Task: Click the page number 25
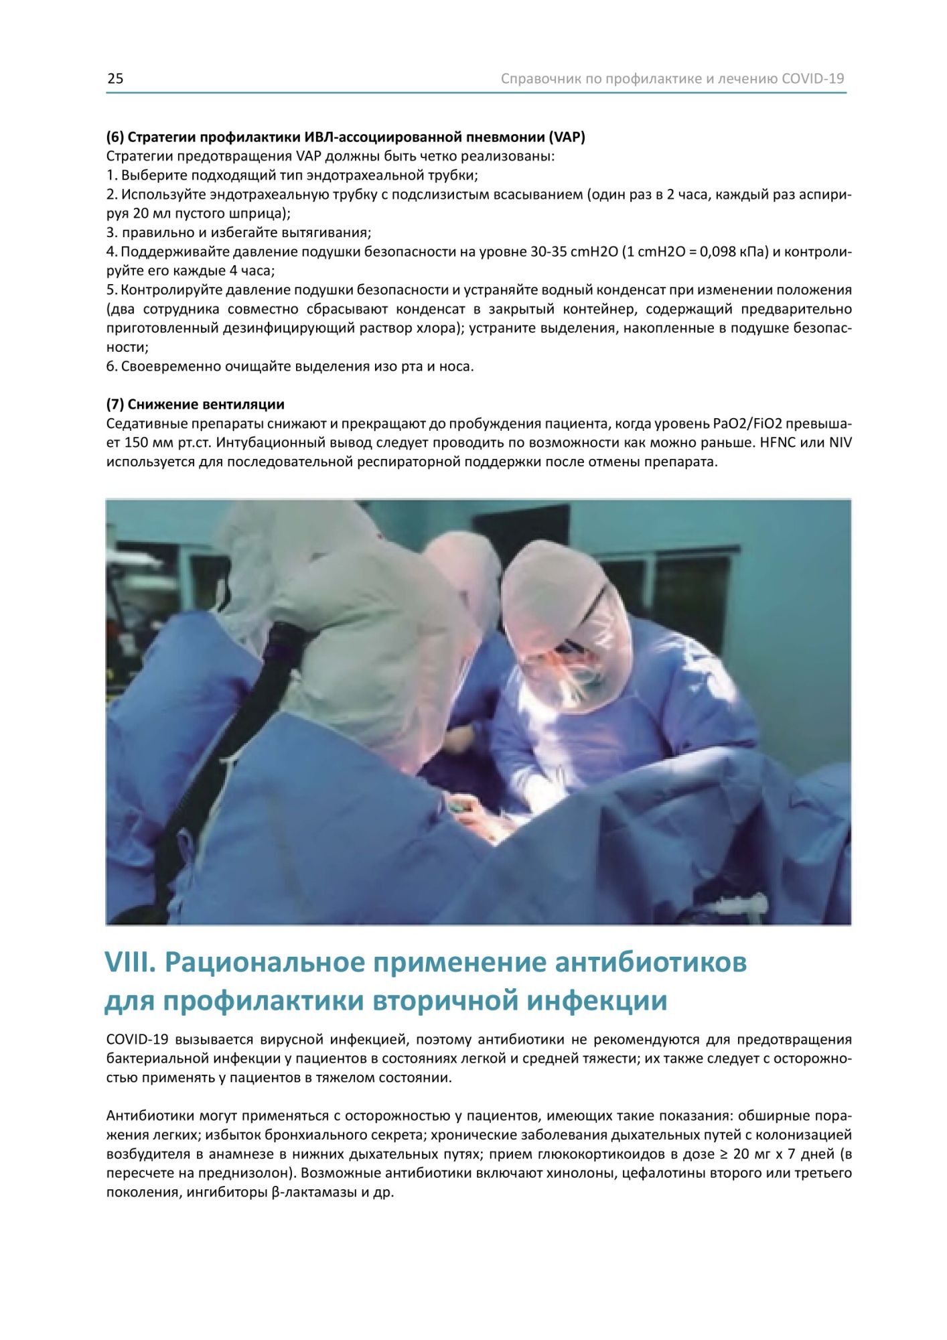coord(115,79)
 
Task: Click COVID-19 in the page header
coord(812,79)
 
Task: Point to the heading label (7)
coord(115,405)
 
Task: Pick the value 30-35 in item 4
coord(549,252)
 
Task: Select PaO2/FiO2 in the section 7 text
coord(747,424)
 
